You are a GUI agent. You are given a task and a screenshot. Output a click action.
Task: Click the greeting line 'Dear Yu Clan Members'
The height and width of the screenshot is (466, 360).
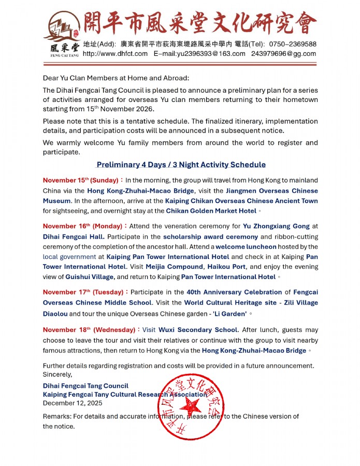(x=116, y=78)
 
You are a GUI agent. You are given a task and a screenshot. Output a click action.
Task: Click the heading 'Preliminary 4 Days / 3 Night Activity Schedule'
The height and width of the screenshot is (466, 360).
(x=181, y=165)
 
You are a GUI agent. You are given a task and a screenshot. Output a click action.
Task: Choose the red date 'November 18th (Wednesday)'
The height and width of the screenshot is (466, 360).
(x=90, y=330)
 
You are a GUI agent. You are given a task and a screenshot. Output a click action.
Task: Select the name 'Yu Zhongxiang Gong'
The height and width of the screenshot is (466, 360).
(x=276, y=226)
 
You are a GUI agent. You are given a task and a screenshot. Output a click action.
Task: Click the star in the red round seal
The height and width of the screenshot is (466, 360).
(x=192, y=406)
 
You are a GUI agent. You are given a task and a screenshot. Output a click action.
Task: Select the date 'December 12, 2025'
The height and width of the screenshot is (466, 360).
(x=73, y=403)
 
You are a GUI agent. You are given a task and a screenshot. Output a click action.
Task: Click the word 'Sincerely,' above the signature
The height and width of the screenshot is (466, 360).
(x=57, y=374)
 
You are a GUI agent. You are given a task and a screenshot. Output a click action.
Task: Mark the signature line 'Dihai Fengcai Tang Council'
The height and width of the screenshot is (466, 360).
(x=85, y=386)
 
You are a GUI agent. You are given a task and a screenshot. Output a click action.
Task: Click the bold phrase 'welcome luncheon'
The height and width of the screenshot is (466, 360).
(x=246, y=247)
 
